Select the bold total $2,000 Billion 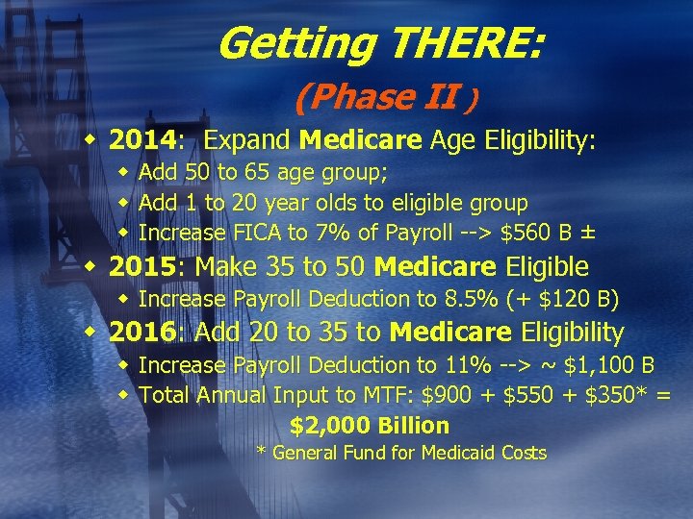370,425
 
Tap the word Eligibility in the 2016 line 572,333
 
